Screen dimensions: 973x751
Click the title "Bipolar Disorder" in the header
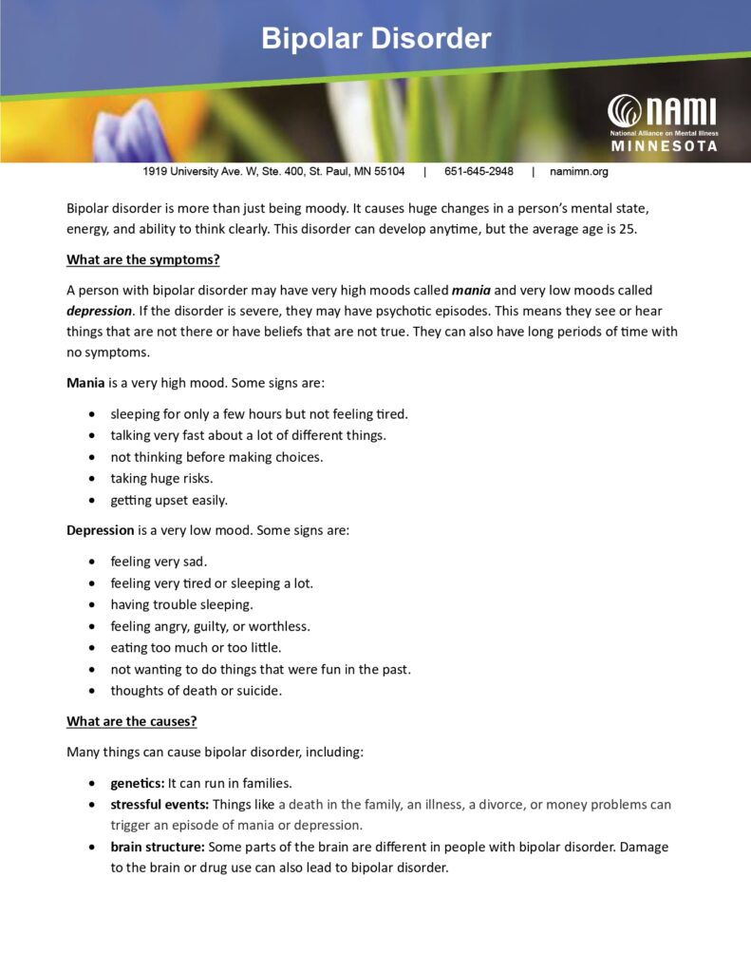(376, 39)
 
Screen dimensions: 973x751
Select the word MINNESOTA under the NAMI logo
(664, 147)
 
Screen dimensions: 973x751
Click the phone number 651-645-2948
(479, 172)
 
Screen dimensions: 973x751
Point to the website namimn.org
(579, 172)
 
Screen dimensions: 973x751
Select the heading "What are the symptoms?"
(143, 259)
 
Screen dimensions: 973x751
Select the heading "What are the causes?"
(132, 721)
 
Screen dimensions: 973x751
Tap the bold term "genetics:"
(138, 784)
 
